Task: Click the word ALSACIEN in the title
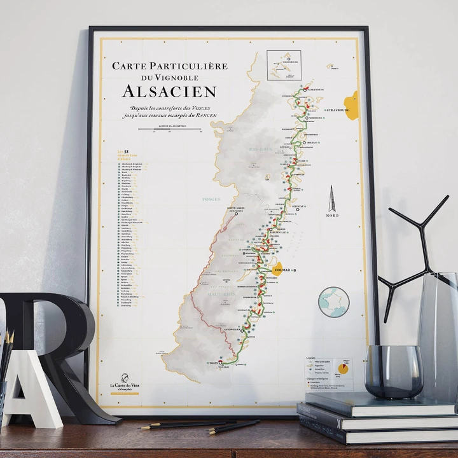click(x=169, y=91)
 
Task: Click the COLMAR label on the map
click(x=281, y=270)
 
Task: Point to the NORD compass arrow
click(x=331, y=200)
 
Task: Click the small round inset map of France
click(x=333, y=302)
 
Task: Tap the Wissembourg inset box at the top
click(x=284, y=65)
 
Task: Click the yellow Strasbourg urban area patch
click(x=351, y=105)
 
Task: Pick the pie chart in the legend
click(x=343, y=368)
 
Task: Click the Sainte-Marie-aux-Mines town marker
click(x=236, y=214)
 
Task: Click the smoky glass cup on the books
click(x=393, y=371)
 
